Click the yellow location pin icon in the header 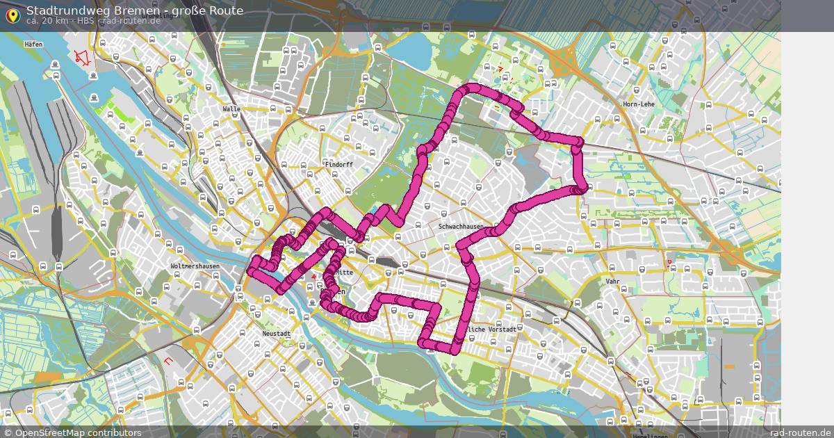13,15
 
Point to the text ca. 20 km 49,20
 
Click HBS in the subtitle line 87,20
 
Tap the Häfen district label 33,44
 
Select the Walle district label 231,109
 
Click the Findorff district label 340,165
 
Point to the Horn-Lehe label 638,104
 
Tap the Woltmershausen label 195,266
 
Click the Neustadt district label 276,334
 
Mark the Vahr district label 612,282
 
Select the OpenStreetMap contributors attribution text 78,432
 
